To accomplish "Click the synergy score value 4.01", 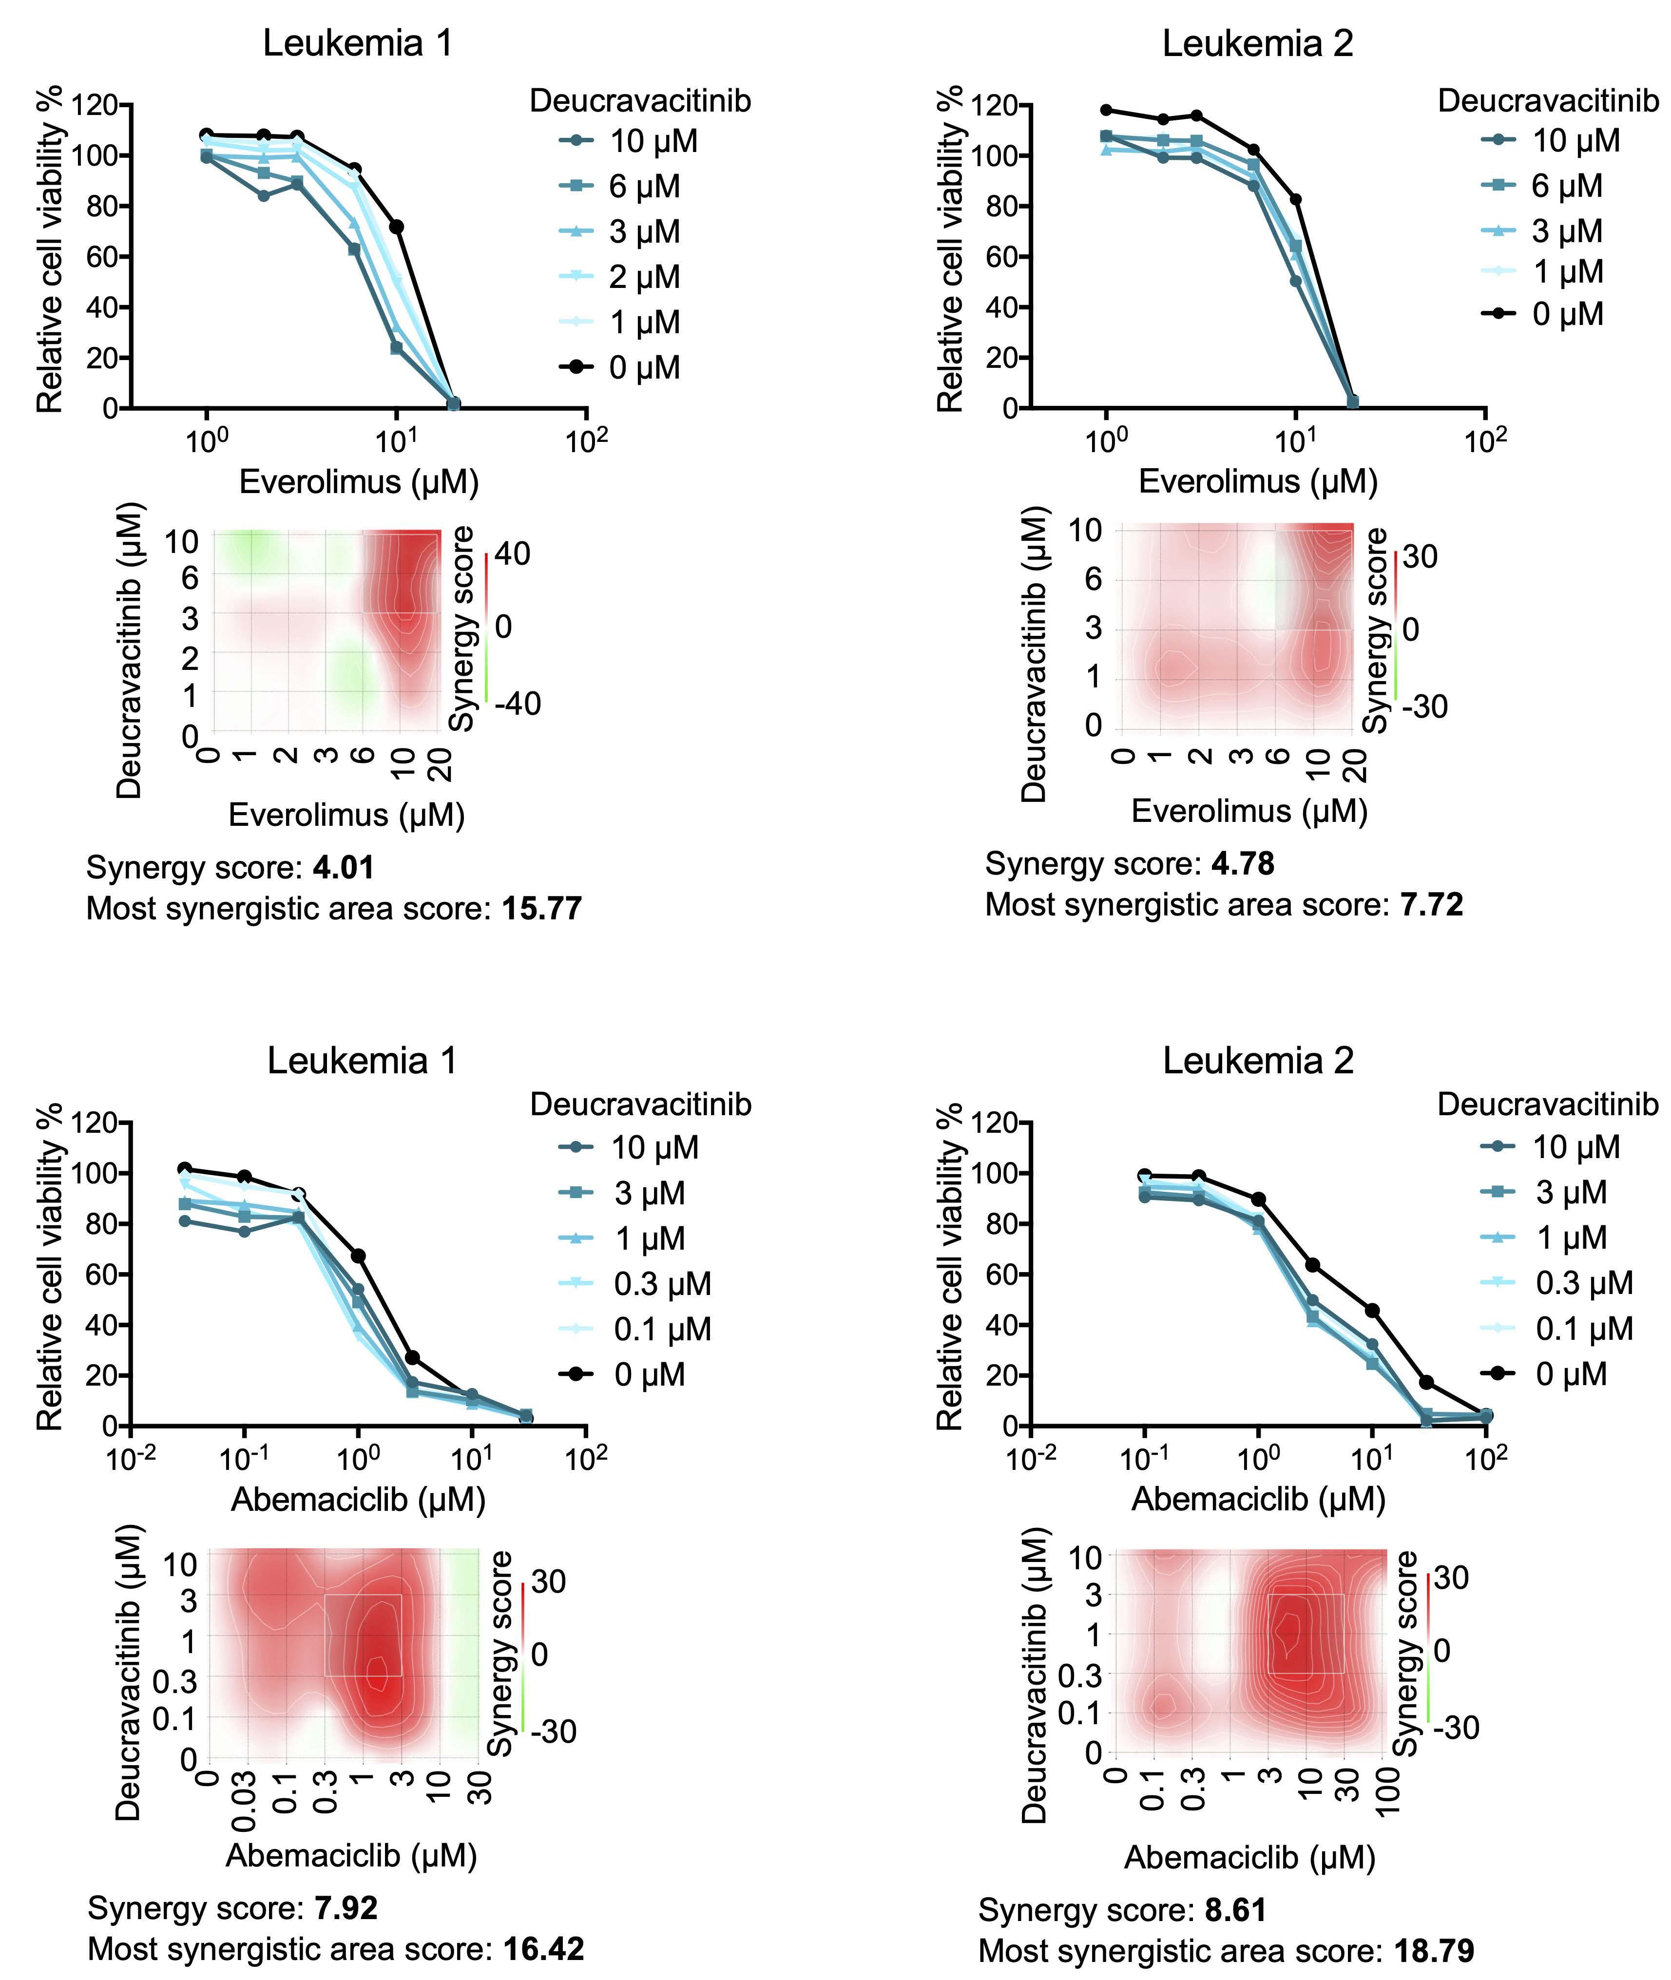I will coord(343,867).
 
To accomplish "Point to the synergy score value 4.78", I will coord(1243,864).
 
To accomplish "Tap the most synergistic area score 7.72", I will coord(1431,905).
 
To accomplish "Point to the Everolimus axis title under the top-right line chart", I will coord(1258,482).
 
